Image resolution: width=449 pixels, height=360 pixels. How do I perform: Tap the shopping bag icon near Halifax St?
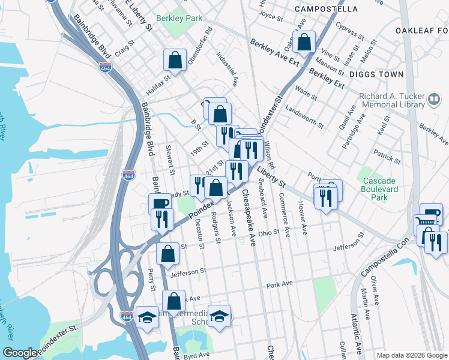click(175, 60)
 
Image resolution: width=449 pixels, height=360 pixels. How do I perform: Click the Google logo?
click(20, 353)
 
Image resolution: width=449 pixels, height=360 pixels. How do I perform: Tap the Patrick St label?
click(387, 157)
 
